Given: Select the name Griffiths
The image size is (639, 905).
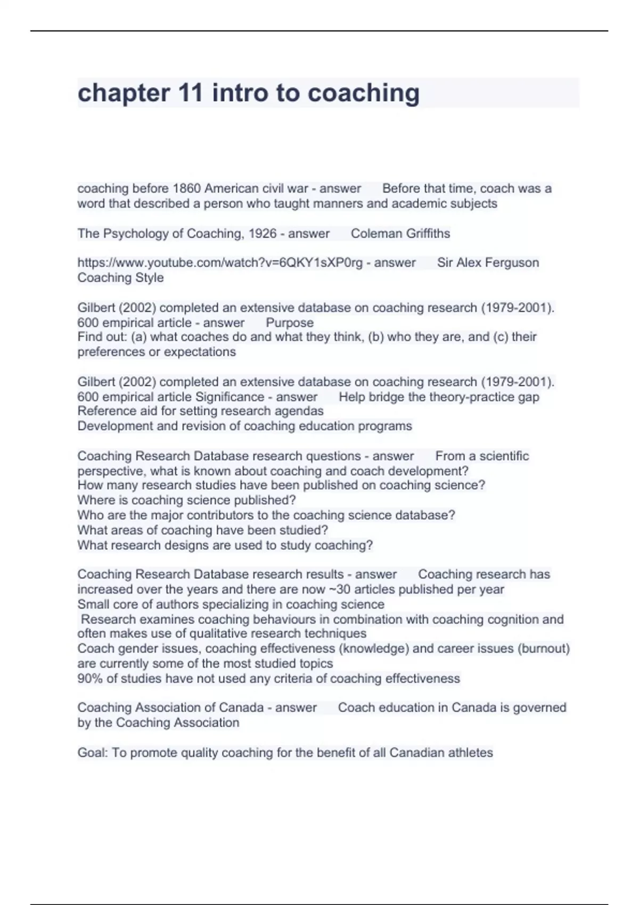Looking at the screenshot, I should click(425, 233).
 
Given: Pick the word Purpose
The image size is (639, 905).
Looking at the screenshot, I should click(290, 323).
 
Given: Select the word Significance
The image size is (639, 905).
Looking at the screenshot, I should click(230, 397).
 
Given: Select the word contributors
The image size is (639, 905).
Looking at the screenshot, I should click(223, 515).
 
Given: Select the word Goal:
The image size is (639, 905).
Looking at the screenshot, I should click(93, 753).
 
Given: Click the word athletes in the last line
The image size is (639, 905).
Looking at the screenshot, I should click(471, 753).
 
